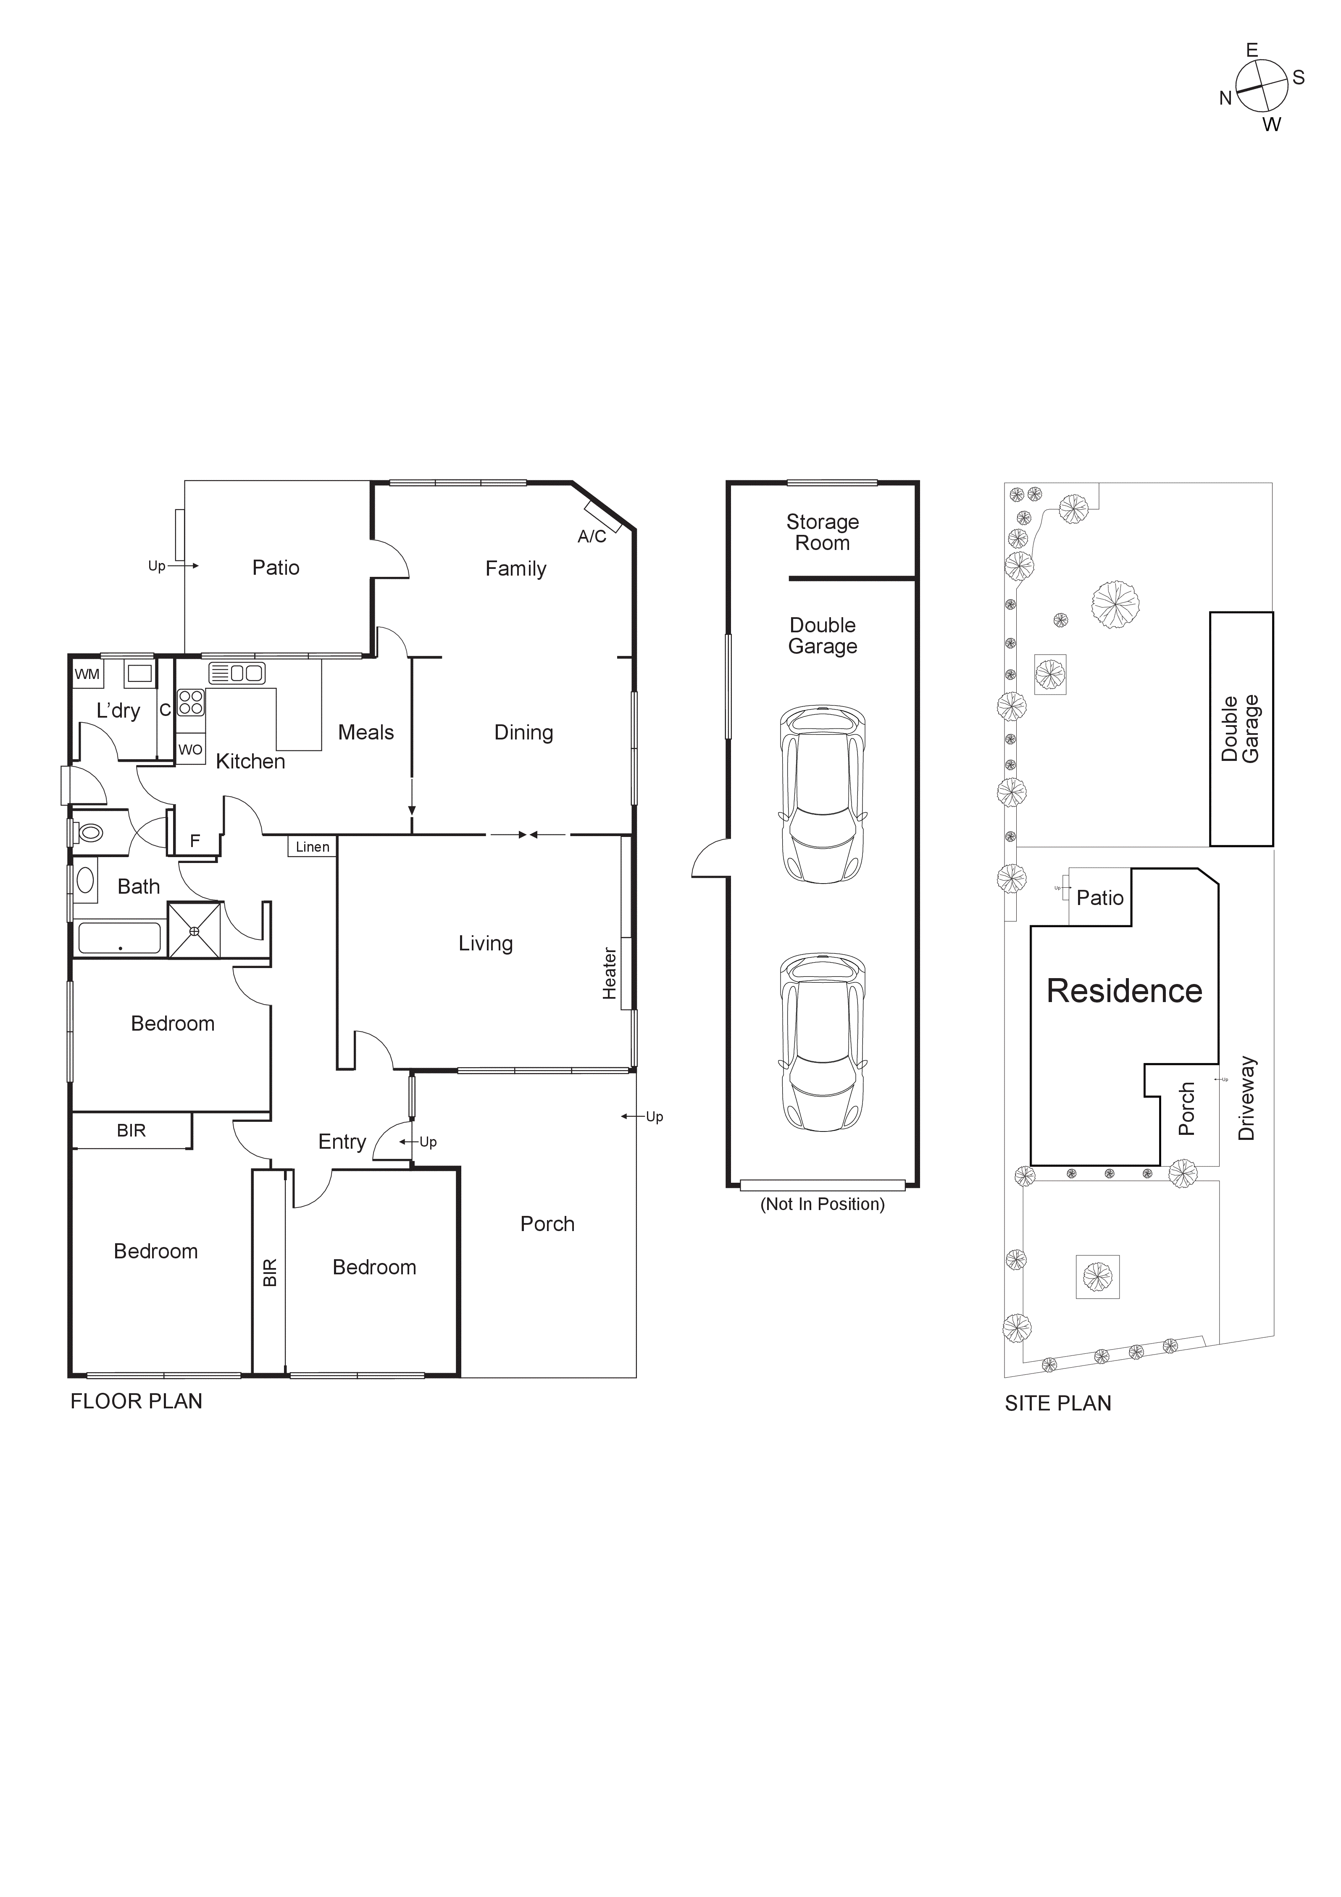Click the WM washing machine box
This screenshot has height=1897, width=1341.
[x=87, y=674]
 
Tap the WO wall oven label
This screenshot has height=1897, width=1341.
[x=190, y=750]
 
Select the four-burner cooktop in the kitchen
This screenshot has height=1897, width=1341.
[x=191, y=702]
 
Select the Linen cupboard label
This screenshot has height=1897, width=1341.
[x=312, y=847]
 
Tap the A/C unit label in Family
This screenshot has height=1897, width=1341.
[x=592, y=537]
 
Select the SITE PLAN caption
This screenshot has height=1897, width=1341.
[x=1057, y=1403]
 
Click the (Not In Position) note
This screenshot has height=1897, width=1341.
[x=822, y=1204]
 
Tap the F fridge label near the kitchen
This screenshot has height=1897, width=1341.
[x=195, y=841]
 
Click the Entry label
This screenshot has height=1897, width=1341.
[x=342, y=1142]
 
